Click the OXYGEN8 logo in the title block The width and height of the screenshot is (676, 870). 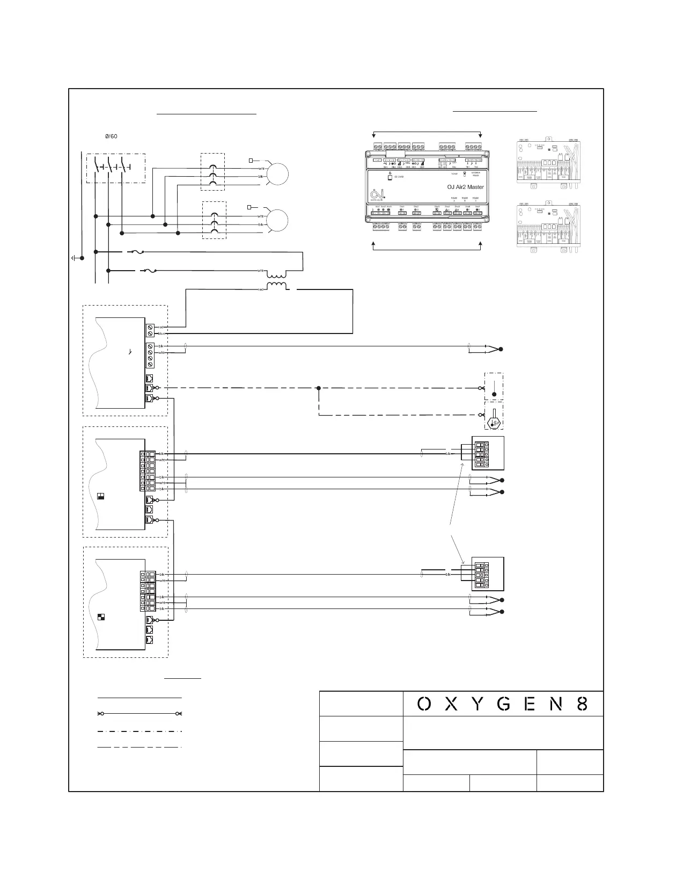tap(503, 704)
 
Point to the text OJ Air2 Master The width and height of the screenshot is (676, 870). tap(465, 187)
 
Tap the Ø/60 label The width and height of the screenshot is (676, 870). tap(111, 136)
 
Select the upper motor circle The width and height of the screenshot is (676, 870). tap(277, 175)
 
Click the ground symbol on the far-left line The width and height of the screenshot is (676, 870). tap(74, 258)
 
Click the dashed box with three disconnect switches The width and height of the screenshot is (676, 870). tap(115, 168)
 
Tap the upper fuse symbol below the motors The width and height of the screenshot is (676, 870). tap(136, 251)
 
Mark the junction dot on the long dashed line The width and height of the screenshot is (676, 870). tap(319, 388)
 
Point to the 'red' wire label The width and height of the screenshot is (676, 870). tap(161, 327)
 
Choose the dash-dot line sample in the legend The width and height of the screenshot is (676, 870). tap(139, 731)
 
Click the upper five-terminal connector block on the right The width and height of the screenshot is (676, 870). tap(481, 453)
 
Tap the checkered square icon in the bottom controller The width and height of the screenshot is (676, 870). tap(101, 617)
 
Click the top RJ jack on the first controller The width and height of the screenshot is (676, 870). tap(150, 378)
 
